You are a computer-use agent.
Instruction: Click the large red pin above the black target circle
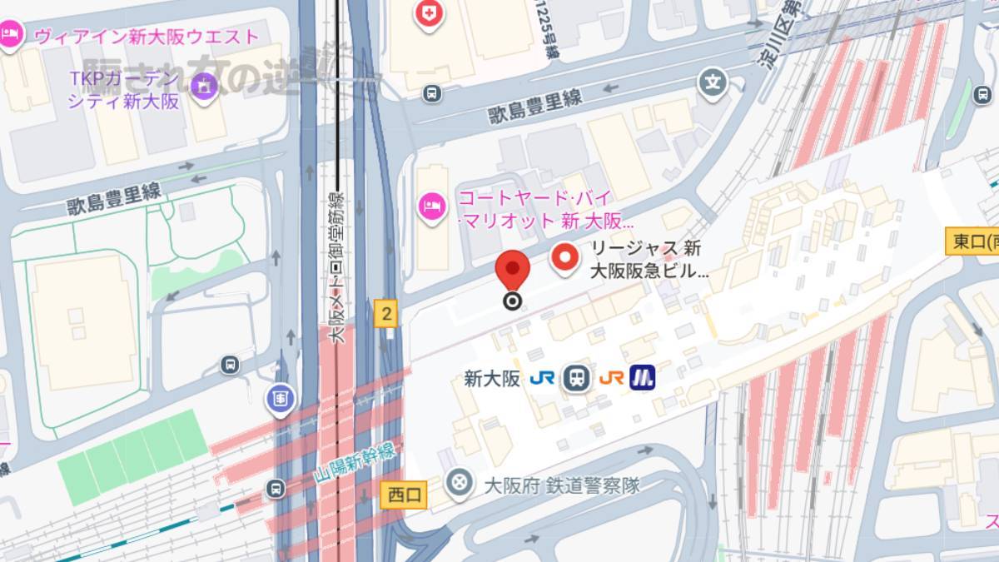click(x=513, y=271)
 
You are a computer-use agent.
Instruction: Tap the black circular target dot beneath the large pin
click(x=513, y=301)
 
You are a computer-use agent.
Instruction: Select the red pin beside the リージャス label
click(x=566, y=257)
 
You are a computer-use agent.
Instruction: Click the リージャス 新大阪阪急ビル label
click(x=649, y=259)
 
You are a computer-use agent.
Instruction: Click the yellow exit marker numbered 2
click(x=385, y=314)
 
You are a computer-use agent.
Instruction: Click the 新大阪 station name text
click(x=492, y=378)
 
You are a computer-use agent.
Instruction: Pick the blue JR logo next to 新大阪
click(x=542, y=378)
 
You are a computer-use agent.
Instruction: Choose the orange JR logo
click(x=611, y=378)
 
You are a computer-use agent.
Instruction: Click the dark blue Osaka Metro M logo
click(x=642, y=378)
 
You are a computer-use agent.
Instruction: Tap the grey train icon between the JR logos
click(x=576, y=378)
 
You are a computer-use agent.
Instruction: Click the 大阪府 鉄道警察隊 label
click(x=562, y=485)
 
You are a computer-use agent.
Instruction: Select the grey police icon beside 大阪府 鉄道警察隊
click(x=457, y=481)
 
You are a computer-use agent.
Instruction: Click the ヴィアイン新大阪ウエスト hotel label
click(x=147, y=37)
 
